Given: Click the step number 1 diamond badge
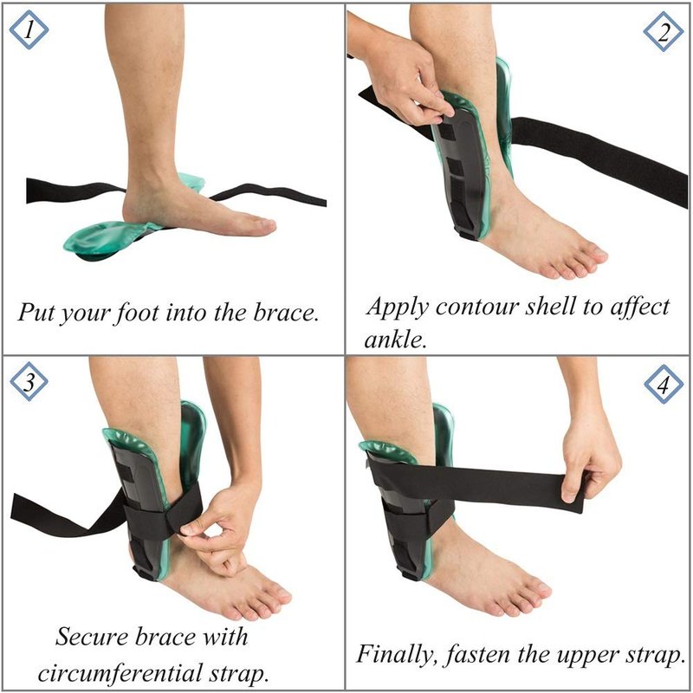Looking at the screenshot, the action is point(29,30).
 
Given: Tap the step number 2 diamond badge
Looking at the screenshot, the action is point(663,32).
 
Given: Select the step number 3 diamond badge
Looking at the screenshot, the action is point(29,381).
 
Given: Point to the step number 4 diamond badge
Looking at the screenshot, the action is point(664,385).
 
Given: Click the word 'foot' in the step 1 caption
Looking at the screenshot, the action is point(137,313).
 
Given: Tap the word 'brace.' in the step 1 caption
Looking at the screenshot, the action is point(287,312).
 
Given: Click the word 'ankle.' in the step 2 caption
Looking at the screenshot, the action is point(396,339).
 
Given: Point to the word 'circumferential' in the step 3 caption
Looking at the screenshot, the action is point(118,674).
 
